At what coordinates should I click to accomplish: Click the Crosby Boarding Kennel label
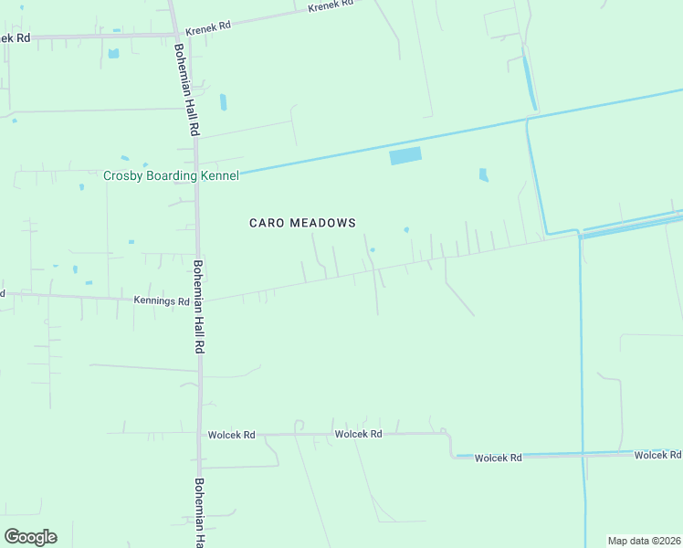171,175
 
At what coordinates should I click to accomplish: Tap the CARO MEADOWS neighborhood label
302,223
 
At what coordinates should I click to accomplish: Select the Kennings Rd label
162,300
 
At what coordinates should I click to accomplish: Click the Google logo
30,537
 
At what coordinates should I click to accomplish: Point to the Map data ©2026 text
645,541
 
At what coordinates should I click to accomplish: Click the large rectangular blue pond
405,156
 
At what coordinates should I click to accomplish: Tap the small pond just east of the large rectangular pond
483,174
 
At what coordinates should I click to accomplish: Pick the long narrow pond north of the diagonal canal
529,82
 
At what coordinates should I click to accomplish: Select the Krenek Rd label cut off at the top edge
330,5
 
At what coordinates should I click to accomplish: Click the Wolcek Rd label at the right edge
657,454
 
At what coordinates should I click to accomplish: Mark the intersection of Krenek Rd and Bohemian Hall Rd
175,35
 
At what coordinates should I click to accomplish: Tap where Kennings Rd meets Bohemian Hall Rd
198,300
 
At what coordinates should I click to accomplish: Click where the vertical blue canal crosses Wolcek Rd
583,453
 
